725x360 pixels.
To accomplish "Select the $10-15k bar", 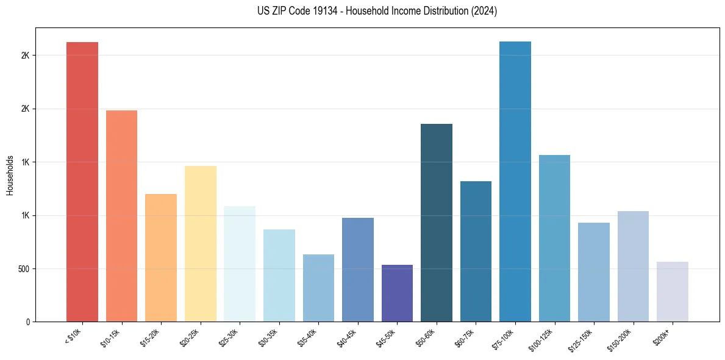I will coord(121,216).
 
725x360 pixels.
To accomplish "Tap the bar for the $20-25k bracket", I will coord(200,244).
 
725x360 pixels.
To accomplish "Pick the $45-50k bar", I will coord(397,293).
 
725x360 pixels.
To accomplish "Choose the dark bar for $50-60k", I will coord(437,223).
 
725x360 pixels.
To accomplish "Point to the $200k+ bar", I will coord(673,292).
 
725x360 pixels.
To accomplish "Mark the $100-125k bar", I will coord(554,239).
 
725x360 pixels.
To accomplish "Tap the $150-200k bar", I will coord(633,267).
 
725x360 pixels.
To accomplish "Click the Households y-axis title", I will coord(10,175).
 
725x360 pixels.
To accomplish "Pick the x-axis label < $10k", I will coord(73,336).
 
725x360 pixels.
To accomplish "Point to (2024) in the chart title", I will coord(481,11).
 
